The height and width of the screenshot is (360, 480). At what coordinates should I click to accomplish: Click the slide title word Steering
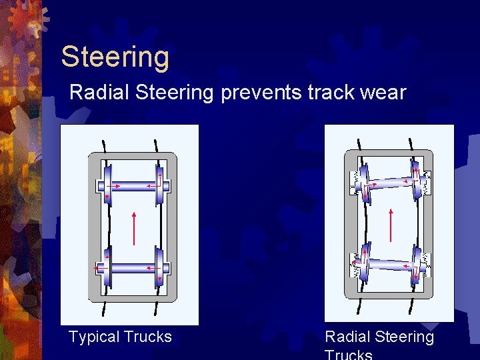115,57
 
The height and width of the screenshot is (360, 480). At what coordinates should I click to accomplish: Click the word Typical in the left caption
95,337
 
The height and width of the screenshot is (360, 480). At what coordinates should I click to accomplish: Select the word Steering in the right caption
403,337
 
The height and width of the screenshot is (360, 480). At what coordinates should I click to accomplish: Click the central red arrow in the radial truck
391,227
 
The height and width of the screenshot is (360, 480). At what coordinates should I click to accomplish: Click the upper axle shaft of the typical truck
133,186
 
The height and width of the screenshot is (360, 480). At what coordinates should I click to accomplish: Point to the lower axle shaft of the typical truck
133,269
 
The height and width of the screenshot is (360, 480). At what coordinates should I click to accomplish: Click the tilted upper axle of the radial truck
390,182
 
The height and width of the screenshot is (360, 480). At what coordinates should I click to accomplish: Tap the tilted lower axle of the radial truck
390,265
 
